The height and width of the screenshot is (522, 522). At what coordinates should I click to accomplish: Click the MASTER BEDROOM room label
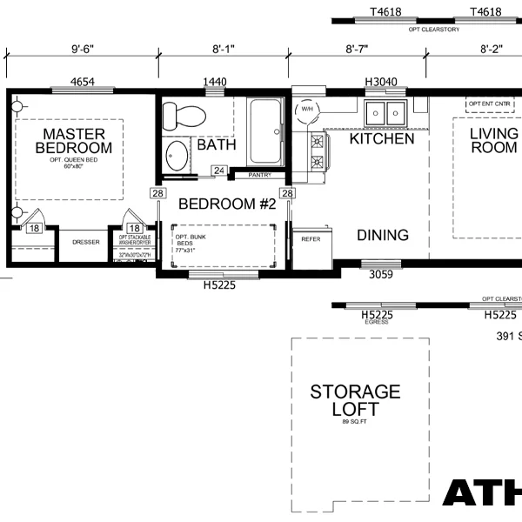(74, 141)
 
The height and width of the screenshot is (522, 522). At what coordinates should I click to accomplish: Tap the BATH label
(216, 144)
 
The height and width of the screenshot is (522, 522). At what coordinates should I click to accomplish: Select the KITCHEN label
(382, 139)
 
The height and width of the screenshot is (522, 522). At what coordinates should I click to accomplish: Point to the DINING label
(383, 235)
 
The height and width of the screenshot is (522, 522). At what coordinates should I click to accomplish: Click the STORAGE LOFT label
(355, 400)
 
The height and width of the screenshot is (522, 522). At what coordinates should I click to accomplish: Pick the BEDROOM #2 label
(227, 204)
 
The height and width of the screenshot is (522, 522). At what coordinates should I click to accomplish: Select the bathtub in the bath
(265, 132)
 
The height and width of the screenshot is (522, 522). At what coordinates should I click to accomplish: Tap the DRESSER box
(85, 243)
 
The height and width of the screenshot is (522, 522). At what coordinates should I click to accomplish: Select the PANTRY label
(260, 175)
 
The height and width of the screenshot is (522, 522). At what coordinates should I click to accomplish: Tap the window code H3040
(381, 82)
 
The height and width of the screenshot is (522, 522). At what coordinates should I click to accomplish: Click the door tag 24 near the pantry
(219, 171)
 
